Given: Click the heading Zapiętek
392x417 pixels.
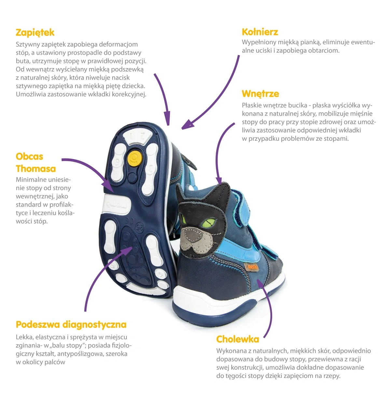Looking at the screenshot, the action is (35, 33).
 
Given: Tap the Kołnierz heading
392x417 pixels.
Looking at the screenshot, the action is (260, 32).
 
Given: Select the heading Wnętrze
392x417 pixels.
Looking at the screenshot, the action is (260, 93).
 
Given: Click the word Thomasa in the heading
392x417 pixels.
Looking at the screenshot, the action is (36, 169).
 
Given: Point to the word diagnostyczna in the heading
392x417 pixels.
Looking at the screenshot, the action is (94, 324).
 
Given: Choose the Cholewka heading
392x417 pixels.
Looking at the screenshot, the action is (238, 339).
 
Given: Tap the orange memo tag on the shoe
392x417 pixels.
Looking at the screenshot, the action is (252, 267).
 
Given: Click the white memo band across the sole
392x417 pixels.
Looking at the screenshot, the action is (117, 204).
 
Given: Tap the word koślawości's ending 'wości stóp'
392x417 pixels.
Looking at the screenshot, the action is (32, 221).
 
